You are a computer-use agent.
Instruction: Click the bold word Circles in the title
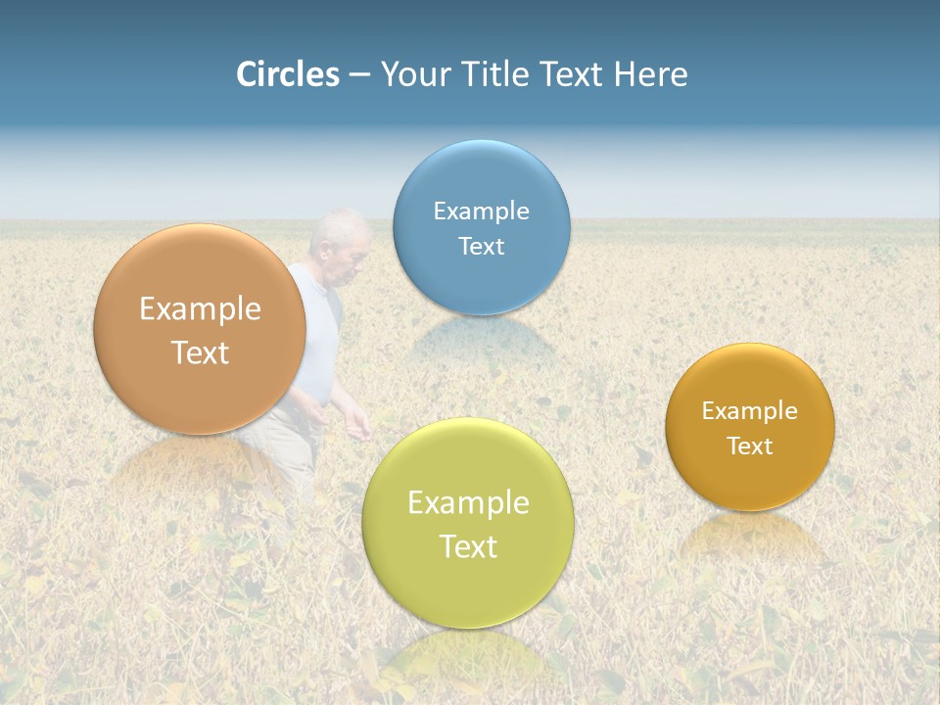pyautogui.click(x=288, y=74)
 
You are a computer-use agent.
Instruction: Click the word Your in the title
pyautogui.click(x=413, y=74)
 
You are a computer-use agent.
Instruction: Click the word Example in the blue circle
pyautogui.click(x=481, y=211)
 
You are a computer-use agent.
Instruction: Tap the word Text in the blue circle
pyautogui.click(x=481, y=246)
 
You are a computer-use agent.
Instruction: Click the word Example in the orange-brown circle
pyautogui.click(x=201, y=309)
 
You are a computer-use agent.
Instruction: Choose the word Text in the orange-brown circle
pyautogui.click(x=201, y=352)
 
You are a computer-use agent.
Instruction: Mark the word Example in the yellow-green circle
pyautogui.click(x=468, y=503)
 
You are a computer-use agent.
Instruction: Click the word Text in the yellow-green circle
pyautogui.click(x=468, y=546)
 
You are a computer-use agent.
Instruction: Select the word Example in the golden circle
pyautogui.click(x=750, y=411)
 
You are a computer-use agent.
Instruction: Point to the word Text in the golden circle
pyautogui.click(x=750, y=446)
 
